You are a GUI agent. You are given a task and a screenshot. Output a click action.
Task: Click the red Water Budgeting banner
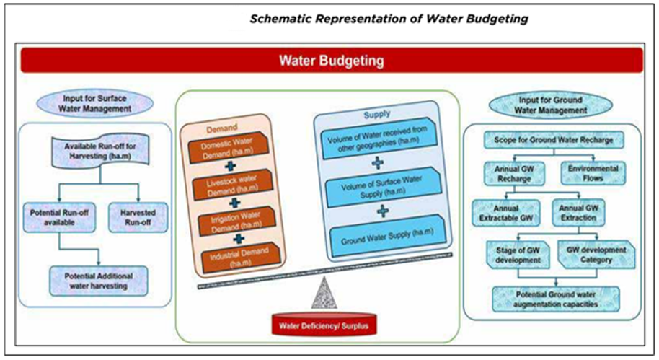(331, 61)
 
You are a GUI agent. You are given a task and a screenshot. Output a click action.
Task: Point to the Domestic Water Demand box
(225, 150)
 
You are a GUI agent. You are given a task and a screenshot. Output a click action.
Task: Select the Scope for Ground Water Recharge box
(548, 140)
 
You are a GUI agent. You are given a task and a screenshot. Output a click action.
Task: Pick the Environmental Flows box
(592, 173)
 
